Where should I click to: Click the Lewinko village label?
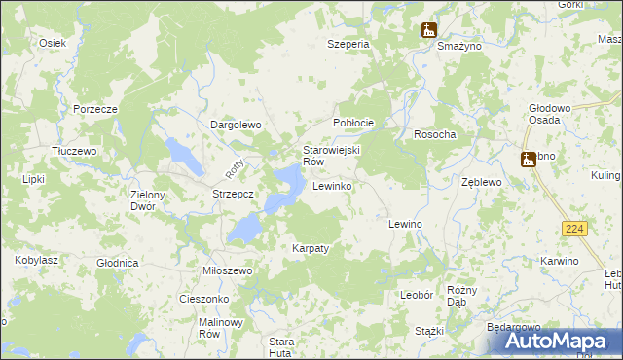[x=332, y=185]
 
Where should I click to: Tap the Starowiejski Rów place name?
[x=332, y=156]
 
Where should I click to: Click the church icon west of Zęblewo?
[x=529, y=159]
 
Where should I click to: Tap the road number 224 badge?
[x=573, y=228]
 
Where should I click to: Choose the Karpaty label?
[x=311, y=248]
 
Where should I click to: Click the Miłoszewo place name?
[x=228, y=270]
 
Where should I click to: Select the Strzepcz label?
[x=234, y=194]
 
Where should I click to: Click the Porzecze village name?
[x=94, y=109]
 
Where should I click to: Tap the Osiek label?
[x=52, y=43]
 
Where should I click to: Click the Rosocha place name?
[x=435, y=134]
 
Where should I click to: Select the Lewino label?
[x=405, y=224]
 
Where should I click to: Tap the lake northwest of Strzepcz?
[x=183, y=152]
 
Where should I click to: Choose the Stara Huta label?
[x=281, y=346]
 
